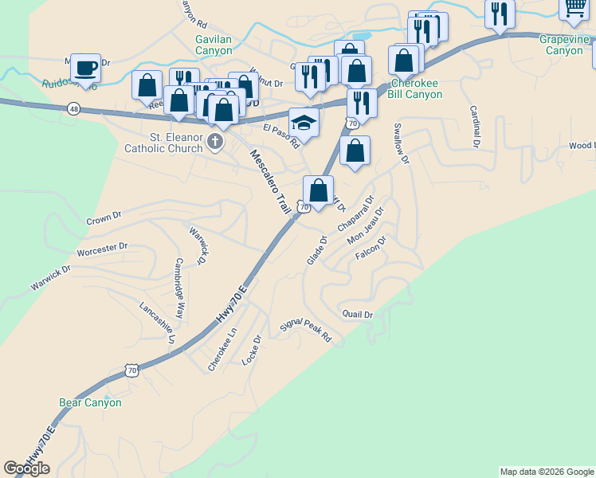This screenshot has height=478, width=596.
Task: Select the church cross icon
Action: (x=215, y=143)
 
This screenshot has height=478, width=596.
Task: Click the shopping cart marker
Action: (x=574, y=8)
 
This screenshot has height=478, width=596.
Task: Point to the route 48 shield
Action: (x=74, y=108)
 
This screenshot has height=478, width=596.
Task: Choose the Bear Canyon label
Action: (x=91, y=402)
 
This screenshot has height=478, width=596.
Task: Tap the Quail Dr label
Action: (x=357, y=314)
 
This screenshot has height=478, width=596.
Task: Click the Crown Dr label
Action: (x=104, y=217)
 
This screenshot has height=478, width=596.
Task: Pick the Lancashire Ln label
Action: (x=157, y=322)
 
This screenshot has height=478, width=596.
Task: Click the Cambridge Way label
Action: (x=180, y=288)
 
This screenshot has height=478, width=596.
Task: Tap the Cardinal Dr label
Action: (x=475, y=127)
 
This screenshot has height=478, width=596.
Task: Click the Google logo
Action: (x=26, y=468)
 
